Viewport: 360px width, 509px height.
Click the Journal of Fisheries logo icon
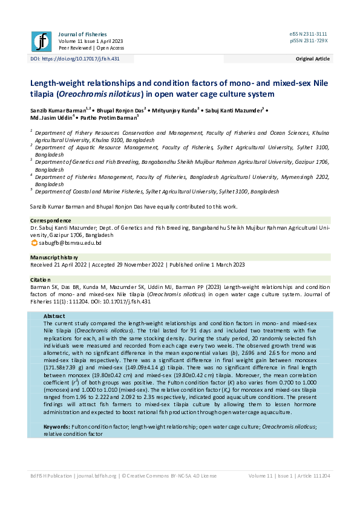pyautogui.click(x=41, y=41)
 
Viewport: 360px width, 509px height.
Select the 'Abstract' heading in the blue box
pyautogui.click(x=55, y=316)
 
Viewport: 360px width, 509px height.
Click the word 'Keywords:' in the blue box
pyautogui.click(x=57, y=426)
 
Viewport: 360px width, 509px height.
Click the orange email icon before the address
pyautogui.click(x=34, y=242)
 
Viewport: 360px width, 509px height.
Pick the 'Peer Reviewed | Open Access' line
pyautogui.click(x=91, y=48)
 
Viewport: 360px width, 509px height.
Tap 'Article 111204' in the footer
pyautogui.click(x=312, y=476)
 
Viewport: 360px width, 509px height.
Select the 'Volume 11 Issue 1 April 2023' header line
pyautogui.click(x=94, y=41)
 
